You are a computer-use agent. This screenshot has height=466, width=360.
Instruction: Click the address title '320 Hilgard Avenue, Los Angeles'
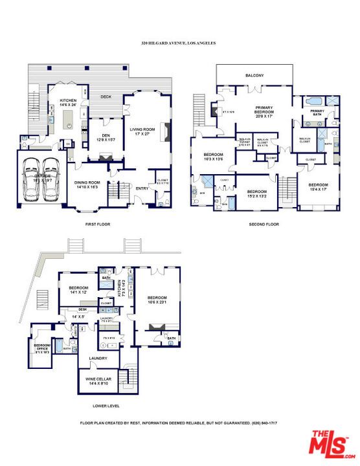coord(178,43)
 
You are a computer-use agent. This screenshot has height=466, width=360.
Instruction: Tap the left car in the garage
coord(32,179)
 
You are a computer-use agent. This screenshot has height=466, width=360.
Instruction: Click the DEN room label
coord(101,136)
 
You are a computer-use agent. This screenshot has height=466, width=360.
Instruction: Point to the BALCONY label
coord(254,76)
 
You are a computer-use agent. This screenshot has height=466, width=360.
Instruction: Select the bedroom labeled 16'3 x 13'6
coord(214,157)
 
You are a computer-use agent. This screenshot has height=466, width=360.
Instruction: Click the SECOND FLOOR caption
coord(264,224)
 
